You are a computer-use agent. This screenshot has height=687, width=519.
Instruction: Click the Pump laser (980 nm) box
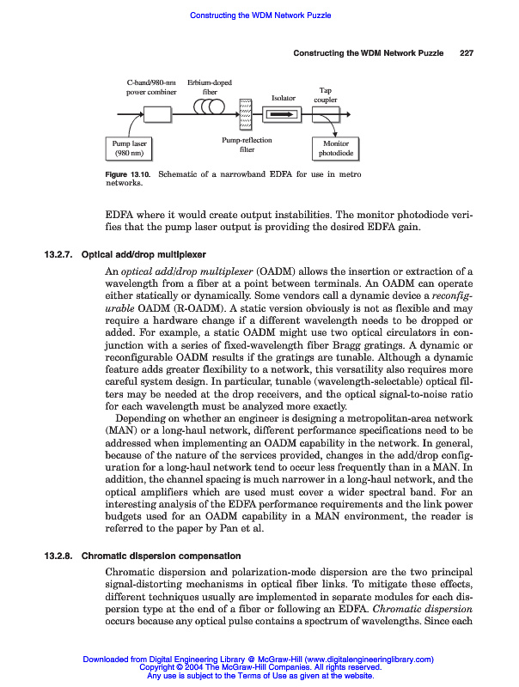coord(128,149)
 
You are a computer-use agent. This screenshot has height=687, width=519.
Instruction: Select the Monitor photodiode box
coord(331,149)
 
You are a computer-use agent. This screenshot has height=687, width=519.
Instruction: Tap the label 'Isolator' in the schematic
coord(284,98)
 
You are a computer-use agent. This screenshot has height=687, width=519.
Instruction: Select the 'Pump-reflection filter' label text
coord(247,145)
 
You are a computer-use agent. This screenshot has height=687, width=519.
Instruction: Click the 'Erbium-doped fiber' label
coord(209,87)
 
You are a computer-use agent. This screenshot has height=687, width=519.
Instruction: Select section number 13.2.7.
coord(59,255)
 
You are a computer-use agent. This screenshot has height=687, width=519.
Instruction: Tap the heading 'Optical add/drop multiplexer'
coord(143,255)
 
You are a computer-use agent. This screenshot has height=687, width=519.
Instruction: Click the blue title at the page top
coord(259,15)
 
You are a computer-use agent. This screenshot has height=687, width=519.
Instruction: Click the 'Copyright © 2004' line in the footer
coord(259,666)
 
